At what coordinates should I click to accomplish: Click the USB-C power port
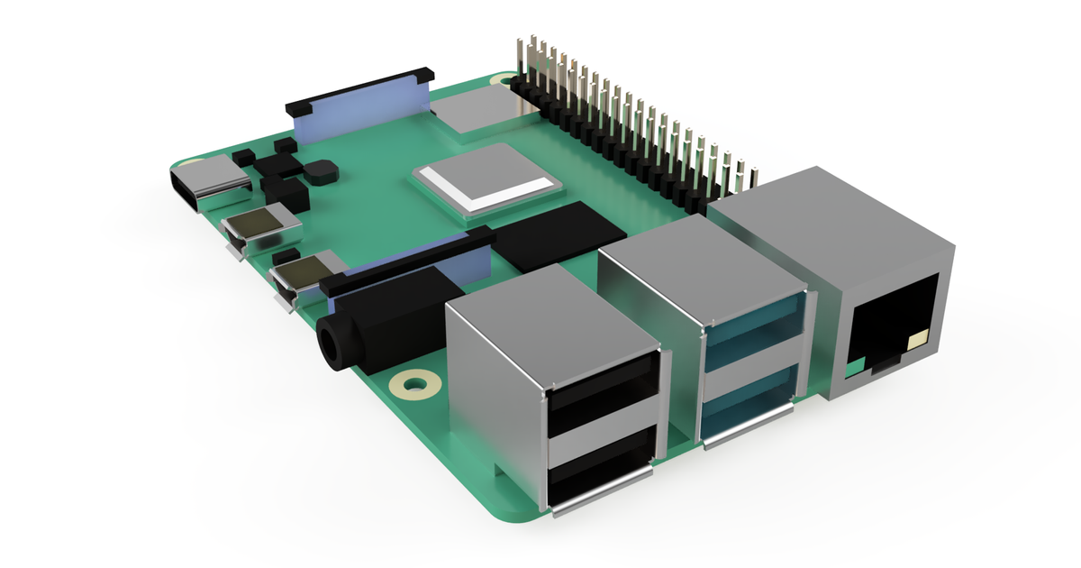(210, 185)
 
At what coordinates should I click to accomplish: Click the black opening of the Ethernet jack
(887, 325)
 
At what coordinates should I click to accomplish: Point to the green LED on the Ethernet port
(855, 365)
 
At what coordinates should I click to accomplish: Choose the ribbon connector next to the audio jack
(410, 267)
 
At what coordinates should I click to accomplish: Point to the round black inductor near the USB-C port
(318, 170)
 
